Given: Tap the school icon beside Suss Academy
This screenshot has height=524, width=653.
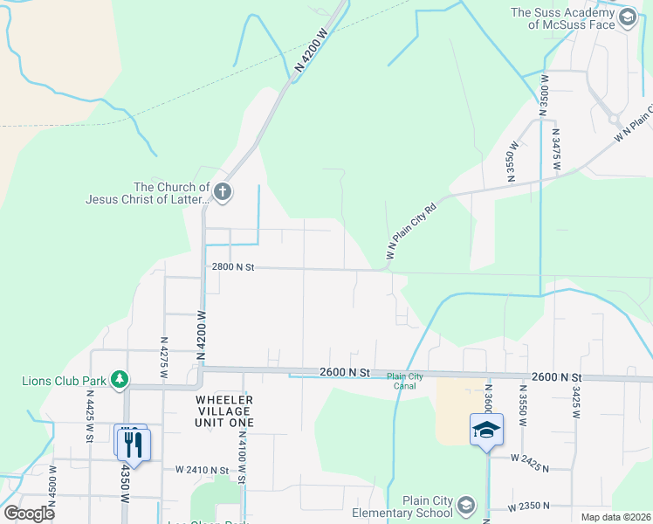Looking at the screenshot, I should pyautogui.click(x=627, y=17).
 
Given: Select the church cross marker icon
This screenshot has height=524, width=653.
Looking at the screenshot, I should pyautogui.click(x=223, y=192).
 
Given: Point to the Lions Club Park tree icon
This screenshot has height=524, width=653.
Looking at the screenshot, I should pyautogui.click(x=120, y=380).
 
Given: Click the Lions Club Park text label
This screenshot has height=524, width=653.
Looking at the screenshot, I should pyautogui.click(x=64, y=381).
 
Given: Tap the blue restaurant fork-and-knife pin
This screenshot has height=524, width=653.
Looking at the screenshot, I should pyautogui.click(x=133, y=444).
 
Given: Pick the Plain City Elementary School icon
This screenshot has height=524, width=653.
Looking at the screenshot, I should pyautogui.click(x=466, y=506).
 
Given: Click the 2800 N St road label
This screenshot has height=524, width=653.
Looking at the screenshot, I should pyautogui.click(x=232, y=268).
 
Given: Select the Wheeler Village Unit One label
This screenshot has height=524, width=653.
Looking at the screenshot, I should pyautogui.click(x=223, y=410).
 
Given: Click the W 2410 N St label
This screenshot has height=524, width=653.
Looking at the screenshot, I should pyautogui.click(x=201, y=470).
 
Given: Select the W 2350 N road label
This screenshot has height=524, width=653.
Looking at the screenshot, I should pyautogui.click(x=530, y=505).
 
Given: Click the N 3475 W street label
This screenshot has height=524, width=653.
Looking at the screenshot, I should pyautogui.click(x=555, y=149).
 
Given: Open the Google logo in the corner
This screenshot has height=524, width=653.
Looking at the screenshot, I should pyautogui.click(x=29, y=513).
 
